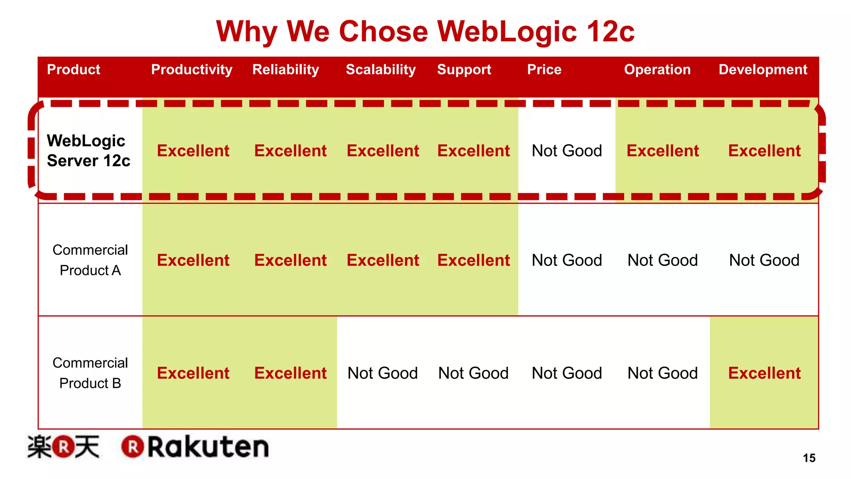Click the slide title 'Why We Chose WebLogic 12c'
pyautogui.click(x=425, y=32)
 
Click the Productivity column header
pyautogui.click(x=192, y=69)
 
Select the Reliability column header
pyautogui.click(x=285, y=69)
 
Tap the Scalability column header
pyautogui.click(x=381, y=69)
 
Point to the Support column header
pyautogui.click(x=464, y=69)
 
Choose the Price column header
pyautogui.click(x=544, y=69)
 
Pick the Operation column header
pyautogui.click(x=657, y=69)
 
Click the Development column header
pyautogui.click(x=763, y=69)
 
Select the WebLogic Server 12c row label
pyautogui.click(x=88, y=151)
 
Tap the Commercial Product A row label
pyautogui.click(x=90, y=260)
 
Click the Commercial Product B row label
pyautogui.click(x=90, y=373)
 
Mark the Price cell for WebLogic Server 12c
pyautogui.click(x=567, y=151)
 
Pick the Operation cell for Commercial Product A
pyautogui.click(x=662, y=260)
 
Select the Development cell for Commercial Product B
pyautogui.click(x=764, y=373)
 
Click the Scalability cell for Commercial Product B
pyautogui.click(x=382, y=373)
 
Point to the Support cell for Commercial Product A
pyautogui.click(x=473, y=260)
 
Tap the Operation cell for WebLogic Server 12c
pyautogui.click(x=662, y=151)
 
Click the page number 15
pyautogui.click(x=809, y=458)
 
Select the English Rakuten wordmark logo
pyautogui.click(x=195, y=447)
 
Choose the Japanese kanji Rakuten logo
pyautogui.click(x=64, y=447)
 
